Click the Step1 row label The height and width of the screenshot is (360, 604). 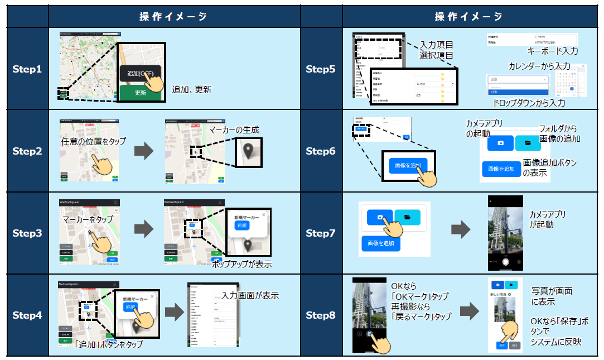coord(27,70)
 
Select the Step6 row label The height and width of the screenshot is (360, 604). coord(321,151)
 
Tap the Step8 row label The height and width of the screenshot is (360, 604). coord(321,315)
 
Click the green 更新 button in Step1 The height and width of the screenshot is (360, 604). coord(140,93)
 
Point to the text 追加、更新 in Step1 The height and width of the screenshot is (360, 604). coord(191,89)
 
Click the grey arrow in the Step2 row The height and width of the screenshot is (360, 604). coord(144,151)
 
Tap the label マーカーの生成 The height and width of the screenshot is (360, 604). coord(234,130)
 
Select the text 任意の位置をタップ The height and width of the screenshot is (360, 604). coord(93,141)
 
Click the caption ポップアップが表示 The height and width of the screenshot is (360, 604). coord(241,265)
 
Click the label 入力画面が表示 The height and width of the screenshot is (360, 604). coord(249,296)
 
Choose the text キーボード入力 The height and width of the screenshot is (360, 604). coord(552,51)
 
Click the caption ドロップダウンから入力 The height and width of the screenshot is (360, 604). coord(529,103)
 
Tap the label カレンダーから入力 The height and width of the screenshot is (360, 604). coord(539,66)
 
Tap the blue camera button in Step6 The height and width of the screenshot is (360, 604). coord(500,143)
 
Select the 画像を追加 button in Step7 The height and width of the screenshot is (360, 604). coord(381,243)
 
